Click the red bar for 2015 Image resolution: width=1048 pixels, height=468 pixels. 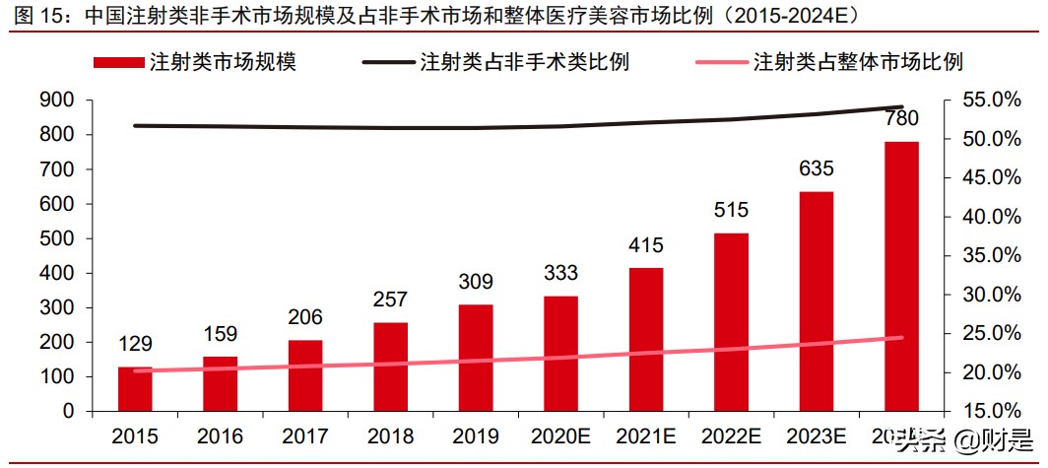pyautogui.click(x=135, y=388)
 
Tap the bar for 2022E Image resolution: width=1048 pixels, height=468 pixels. pyautogui.click(x=731, y=322)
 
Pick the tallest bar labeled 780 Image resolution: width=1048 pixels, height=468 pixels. pyautogui.click(x=901, y=276)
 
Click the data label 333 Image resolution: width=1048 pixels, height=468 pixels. pyautogui.click(x=560, y=273)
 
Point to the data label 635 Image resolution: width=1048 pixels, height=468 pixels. pyautogui.click(x=816, y=169)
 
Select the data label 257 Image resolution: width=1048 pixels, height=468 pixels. pyautogui.click(x=390, y=300)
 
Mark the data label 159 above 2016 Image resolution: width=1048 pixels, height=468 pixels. pyautogui.click(x=220, y=334)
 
